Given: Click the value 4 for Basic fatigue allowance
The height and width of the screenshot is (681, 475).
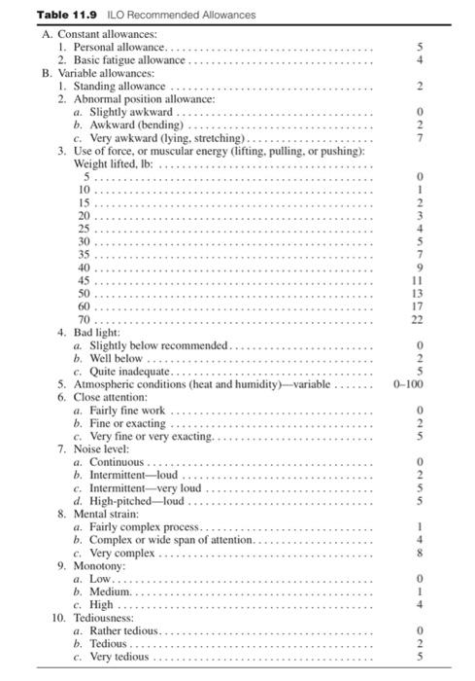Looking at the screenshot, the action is coord(420,59).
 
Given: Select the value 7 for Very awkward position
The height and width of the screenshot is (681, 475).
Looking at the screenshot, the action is coord(420,138).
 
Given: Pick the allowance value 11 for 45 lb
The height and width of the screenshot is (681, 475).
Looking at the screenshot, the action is coord(418,280).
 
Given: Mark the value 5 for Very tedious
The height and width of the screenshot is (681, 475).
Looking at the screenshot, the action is coord(420,657).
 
